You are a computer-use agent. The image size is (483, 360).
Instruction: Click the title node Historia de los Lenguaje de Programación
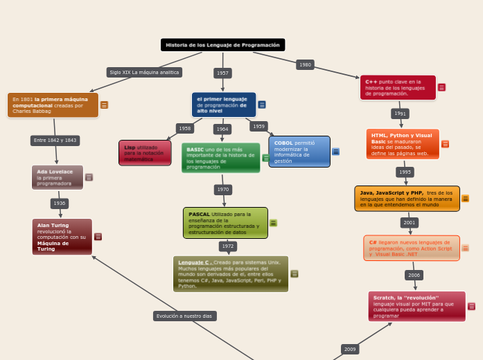coord(222,45)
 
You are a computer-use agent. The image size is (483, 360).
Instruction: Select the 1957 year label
coord(222,73)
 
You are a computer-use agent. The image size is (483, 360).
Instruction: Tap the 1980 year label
coord(305,64)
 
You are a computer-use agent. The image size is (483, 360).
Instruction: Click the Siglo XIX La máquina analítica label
coord(144,72)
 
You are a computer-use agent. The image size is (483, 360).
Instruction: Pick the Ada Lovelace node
coord(58,177)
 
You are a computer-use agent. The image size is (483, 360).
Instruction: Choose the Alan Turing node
coord(62,236)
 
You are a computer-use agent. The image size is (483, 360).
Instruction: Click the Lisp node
coord(145,153)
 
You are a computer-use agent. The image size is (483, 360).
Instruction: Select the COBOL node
coord(299,152)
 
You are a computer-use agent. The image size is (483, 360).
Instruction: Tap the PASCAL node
coord(225,223)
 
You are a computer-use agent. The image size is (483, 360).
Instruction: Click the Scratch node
coord(416,306)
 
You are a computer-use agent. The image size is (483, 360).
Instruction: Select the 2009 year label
coord(350,349)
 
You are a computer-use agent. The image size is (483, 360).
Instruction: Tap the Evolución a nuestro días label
coord(184,316)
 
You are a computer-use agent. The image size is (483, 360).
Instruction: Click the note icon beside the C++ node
coord(441,87)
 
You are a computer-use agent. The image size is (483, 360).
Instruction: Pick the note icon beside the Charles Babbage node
coord(104,105)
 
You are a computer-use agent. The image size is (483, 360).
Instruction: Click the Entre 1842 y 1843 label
coord(55,140)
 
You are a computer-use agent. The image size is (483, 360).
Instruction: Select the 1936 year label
coord(60,203)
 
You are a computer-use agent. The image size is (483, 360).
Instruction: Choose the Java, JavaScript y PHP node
coord(407,199)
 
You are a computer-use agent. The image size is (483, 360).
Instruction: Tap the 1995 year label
coord(405,172)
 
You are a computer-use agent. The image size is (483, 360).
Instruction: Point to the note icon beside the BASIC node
coord(265,158)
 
